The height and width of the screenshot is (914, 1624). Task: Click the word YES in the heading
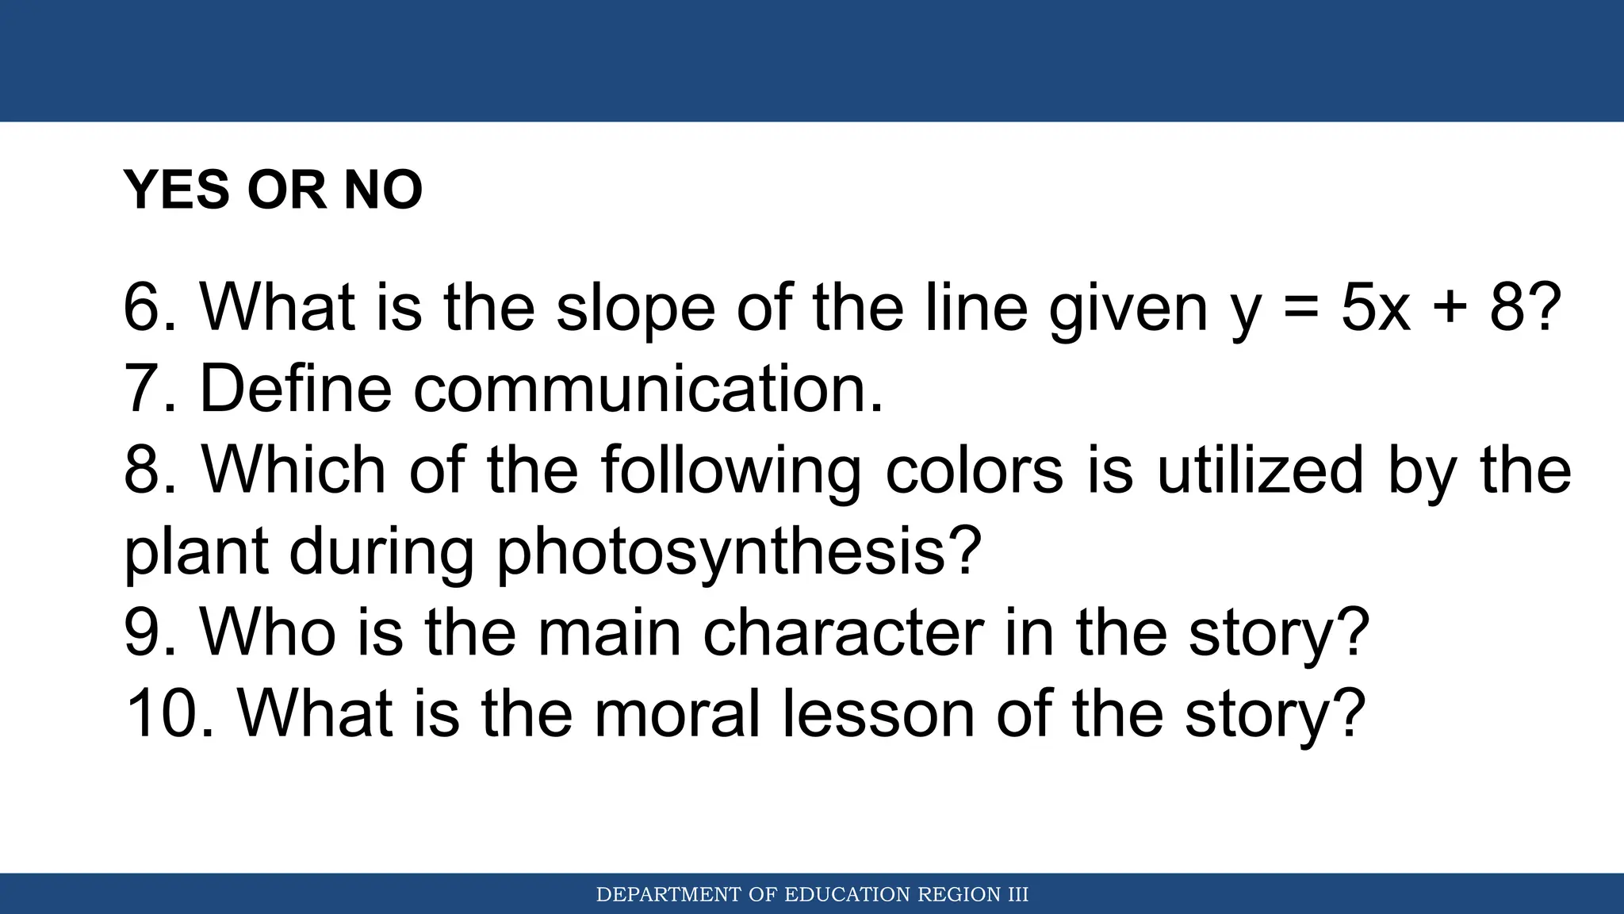coord(177,190)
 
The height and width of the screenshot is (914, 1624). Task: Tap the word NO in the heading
coord(383,190)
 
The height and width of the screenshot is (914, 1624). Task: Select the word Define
coord(296,389)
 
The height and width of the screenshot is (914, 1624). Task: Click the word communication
coord(648,389)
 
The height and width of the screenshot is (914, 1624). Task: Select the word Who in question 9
coord(268,632)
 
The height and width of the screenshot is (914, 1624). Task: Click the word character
coord(843,632)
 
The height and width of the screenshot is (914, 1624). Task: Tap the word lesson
coord(879,713)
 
